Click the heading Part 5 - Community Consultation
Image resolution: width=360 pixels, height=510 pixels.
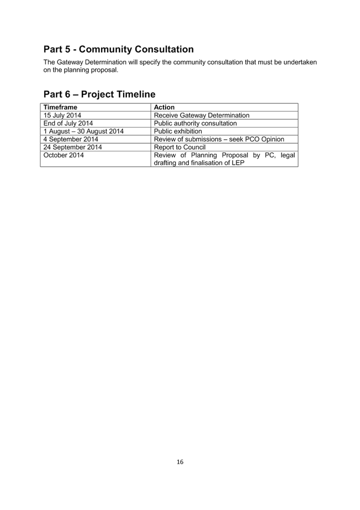[x=119, y=49]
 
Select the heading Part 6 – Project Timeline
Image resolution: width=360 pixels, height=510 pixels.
[x=99, y=94]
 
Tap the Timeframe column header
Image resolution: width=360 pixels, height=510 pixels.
[x=60, y=107]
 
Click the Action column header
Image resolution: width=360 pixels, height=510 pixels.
[x=164, y=107]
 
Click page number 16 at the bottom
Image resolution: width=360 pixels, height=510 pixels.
[x=180, y=462]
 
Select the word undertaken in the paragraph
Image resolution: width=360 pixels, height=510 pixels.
[x=300, y=62]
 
